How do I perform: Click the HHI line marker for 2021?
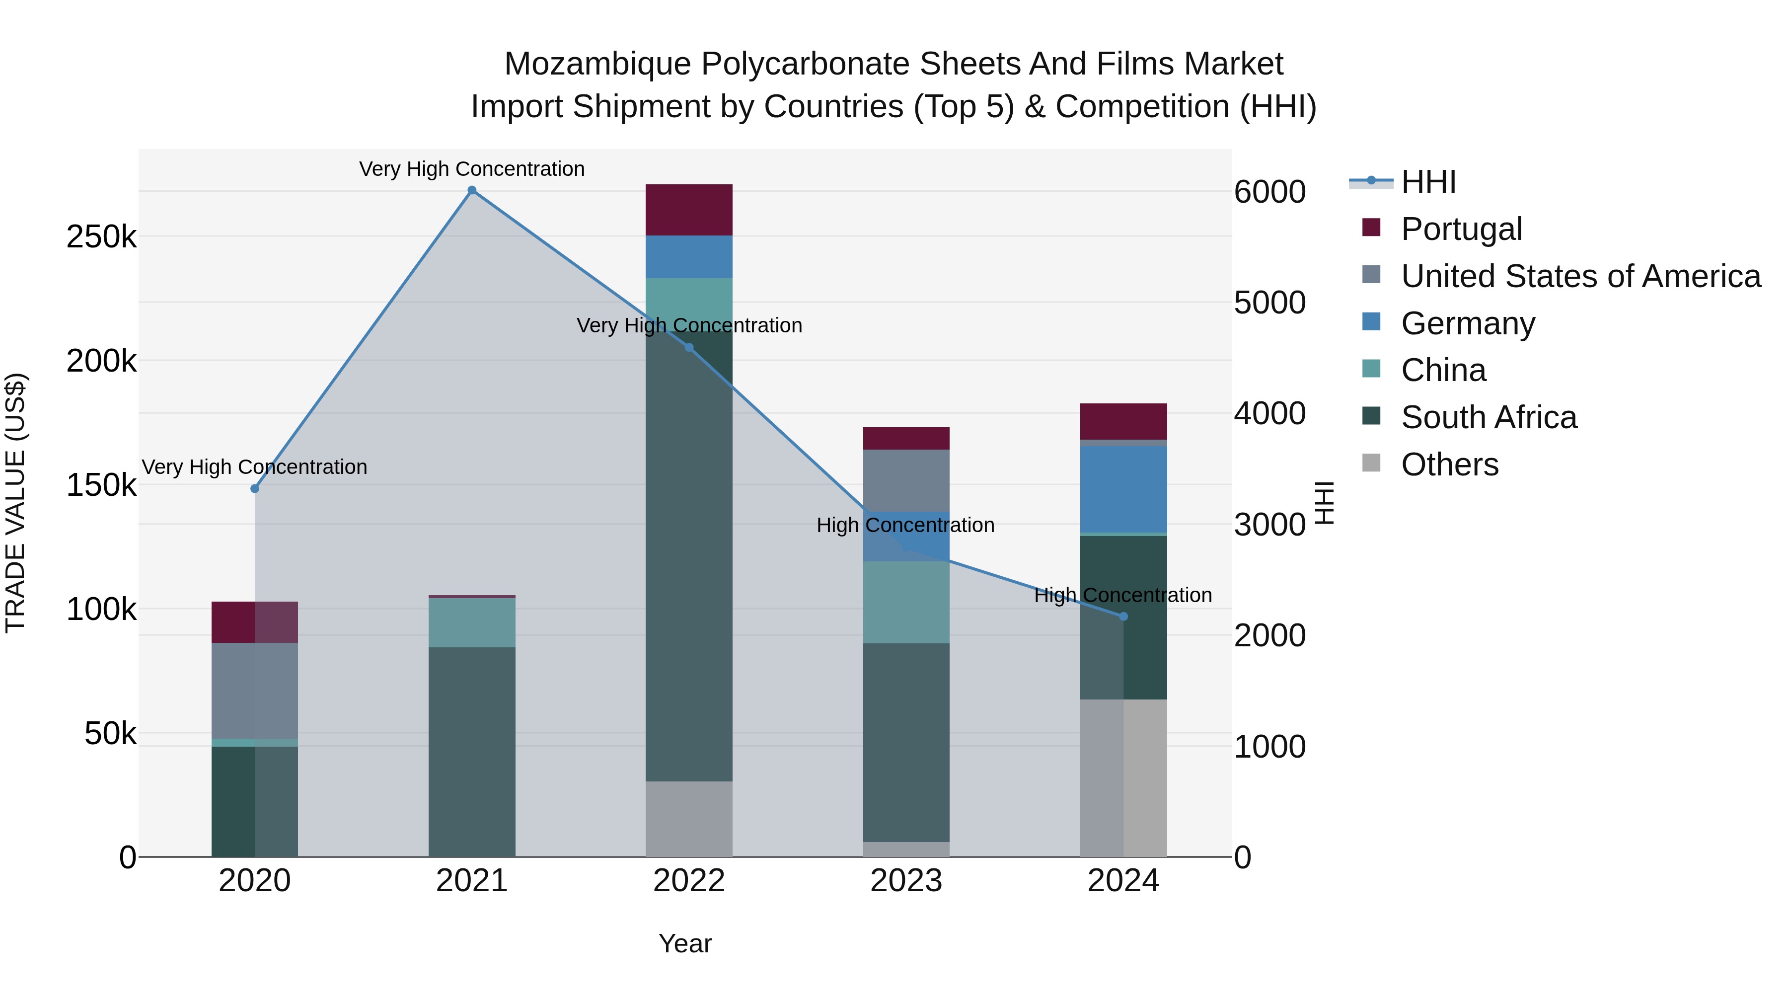[472, 190]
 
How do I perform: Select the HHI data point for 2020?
[255, 489]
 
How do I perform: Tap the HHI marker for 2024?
[1124, 617]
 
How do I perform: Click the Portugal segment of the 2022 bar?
[688, 210]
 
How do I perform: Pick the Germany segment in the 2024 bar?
[1124, 489]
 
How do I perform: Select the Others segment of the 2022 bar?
[688, 819]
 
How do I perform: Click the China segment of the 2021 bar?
[472, 623]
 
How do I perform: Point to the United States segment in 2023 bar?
[906, 480]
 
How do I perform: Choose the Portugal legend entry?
[1461, 229]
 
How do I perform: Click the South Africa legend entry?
[1489, 417]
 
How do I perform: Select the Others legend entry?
[1449, 464]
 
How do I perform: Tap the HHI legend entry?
[1428, 182]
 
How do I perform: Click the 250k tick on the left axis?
[101, 237]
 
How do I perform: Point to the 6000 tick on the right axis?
[1269, 192]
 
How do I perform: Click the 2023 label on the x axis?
[906, 881]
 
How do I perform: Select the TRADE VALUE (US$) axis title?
[15, 503]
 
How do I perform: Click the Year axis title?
[685, 943]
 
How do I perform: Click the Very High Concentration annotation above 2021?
[472, 169]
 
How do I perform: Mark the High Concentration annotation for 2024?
[1123, 596]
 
